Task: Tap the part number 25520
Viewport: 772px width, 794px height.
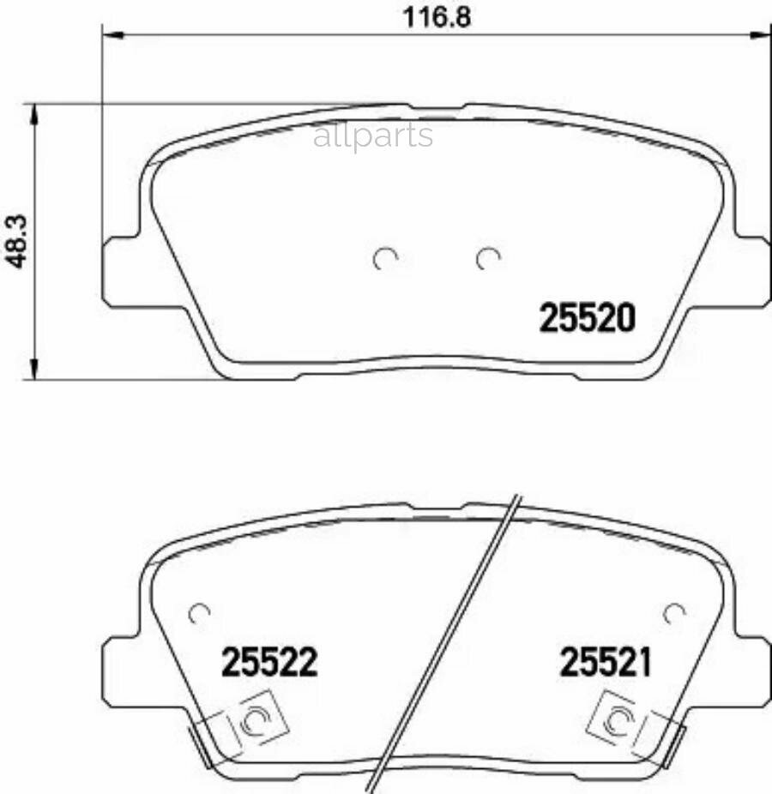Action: pyautogui.click(x=587, y=318)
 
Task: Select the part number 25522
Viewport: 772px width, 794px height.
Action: pyautogui.click(x=269, y=662)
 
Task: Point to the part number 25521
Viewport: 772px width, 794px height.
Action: pyautogui.click(x=605, y=662)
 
